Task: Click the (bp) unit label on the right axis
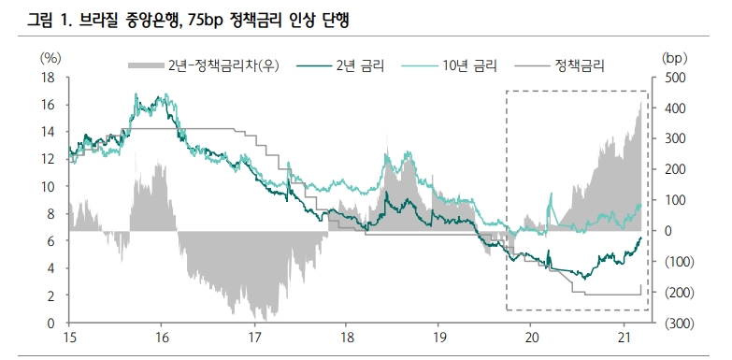click(675, 58)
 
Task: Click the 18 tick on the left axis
click(48, 78)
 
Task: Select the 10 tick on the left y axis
click(48, 187)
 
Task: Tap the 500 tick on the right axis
click(673, 78)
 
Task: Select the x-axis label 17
click(254, 338)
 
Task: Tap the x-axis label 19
click(439, 338)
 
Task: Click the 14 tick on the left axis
click(48, 133)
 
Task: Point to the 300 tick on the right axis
click(673, 139)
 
